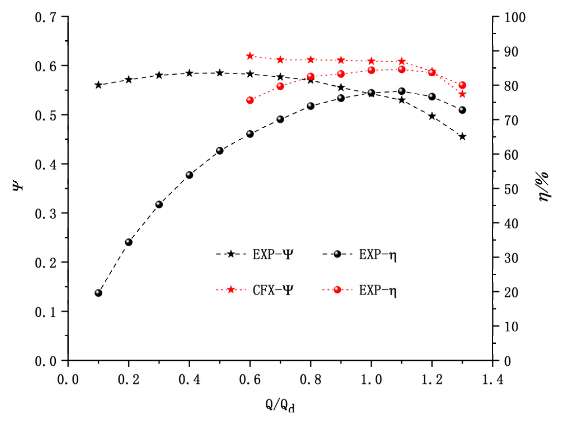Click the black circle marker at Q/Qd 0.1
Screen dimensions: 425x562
coord(98,293)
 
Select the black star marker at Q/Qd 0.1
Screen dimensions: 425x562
coord(98,85)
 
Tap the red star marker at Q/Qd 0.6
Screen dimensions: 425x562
coord(250,56)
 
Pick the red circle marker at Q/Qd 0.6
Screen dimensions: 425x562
coord(250,100)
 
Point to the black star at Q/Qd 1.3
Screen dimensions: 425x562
coord(462,137)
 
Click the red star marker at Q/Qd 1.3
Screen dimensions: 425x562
coord(462,94)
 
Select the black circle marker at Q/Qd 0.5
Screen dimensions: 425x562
coord(220,151)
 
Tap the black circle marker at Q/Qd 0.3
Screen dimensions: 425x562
coord(159,204)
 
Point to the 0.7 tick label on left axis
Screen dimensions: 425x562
coord(45,17)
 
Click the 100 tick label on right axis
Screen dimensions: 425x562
coord(515,17)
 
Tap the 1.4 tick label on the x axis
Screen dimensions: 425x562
coord(493,379)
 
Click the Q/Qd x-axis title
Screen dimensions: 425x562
coord(280,405)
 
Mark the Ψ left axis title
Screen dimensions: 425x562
coord(17,185)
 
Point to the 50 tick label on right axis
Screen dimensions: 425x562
coord(511,190)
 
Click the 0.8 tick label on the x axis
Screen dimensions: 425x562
coord(310,379)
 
